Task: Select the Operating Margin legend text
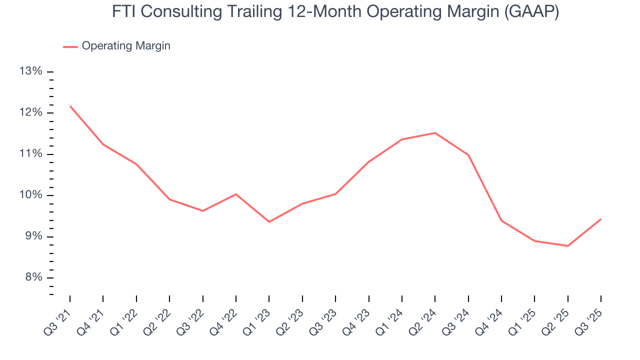click(126, 46)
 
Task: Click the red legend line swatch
click(70, 46)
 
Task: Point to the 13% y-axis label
click(30, 71)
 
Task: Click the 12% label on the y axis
click(30, 112)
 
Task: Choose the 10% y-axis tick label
click(30, 195)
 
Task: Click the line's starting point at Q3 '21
click(70, 106)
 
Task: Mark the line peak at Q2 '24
click(435, 132)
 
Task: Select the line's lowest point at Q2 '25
click(568, 246)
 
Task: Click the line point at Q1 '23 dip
click(269, 222)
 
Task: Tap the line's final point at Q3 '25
click(601, 219)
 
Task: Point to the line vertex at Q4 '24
click(501, 220)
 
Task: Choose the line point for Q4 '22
click(236, 194)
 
